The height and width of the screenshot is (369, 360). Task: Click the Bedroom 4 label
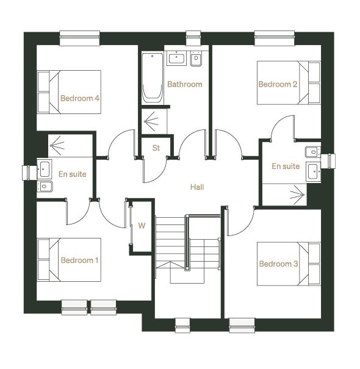[80, 98]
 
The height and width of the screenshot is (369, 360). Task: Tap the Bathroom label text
[185, 84]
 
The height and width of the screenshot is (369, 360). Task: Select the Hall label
[197, 187]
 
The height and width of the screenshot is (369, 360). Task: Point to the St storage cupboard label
[156, 148]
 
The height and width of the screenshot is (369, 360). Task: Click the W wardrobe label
[142, 226]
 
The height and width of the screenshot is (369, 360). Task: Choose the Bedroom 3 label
[278, 263]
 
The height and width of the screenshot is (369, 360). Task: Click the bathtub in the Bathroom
[153, 78]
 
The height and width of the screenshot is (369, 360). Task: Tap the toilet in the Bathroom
[196, 58]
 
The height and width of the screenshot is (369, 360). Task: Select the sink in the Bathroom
[176, 58]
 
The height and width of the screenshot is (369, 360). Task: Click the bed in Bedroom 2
[289, 82]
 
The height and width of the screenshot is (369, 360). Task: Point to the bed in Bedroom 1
[69, 260]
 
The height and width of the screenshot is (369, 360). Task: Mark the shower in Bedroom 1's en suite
[70, 146]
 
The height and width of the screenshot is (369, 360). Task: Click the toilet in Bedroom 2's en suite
[312, 152]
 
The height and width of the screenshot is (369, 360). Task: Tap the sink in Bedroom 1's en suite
[44, 169]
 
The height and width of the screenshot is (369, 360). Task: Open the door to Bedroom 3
[240, 221]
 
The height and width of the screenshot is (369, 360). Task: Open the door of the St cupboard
[154, 170]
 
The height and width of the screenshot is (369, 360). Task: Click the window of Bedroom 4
[79, 38]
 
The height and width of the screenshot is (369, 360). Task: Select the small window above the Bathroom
[193, 38]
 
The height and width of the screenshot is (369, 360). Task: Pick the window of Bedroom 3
[242, 326]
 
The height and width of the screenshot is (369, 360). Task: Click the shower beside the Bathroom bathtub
[154, 121]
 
